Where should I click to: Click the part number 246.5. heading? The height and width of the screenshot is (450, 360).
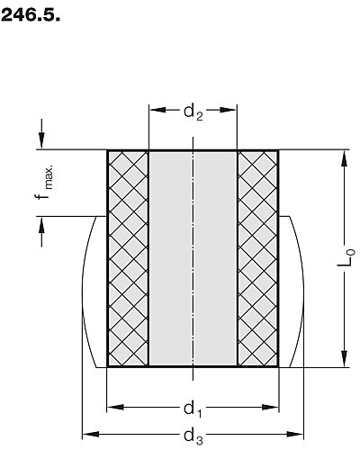[31, 15]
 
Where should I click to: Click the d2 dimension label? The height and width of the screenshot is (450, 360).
[193, 112]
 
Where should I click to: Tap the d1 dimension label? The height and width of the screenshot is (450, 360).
[193, 409]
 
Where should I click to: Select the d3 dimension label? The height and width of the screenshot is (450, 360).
[193, 436]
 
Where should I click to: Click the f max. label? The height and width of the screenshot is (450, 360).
[44, 182]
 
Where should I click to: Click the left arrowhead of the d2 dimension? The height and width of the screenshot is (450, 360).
[157, 110]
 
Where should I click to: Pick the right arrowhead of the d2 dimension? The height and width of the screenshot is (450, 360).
[229, 110]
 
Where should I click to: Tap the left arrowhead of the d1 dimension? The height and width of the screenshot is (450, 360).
[115, 407]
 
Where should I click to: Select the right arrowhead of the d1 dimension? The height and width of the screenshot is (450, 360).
[270, 407]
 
